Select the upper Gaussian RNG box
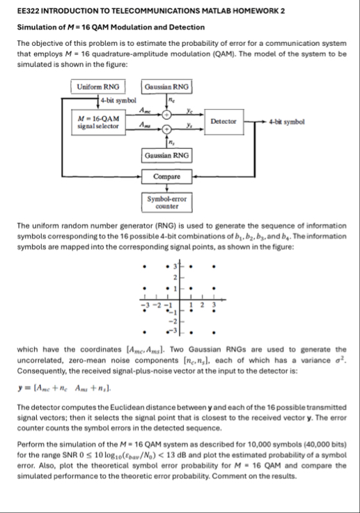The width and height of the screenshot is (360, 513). [166, 87]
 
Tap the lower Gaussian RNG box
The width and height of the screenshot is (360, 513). [166, 155]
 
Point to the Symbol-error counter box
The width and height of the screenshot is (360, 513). [166, 203]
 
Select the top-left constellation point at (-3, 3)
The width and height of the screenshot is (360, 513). [144, 266]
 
